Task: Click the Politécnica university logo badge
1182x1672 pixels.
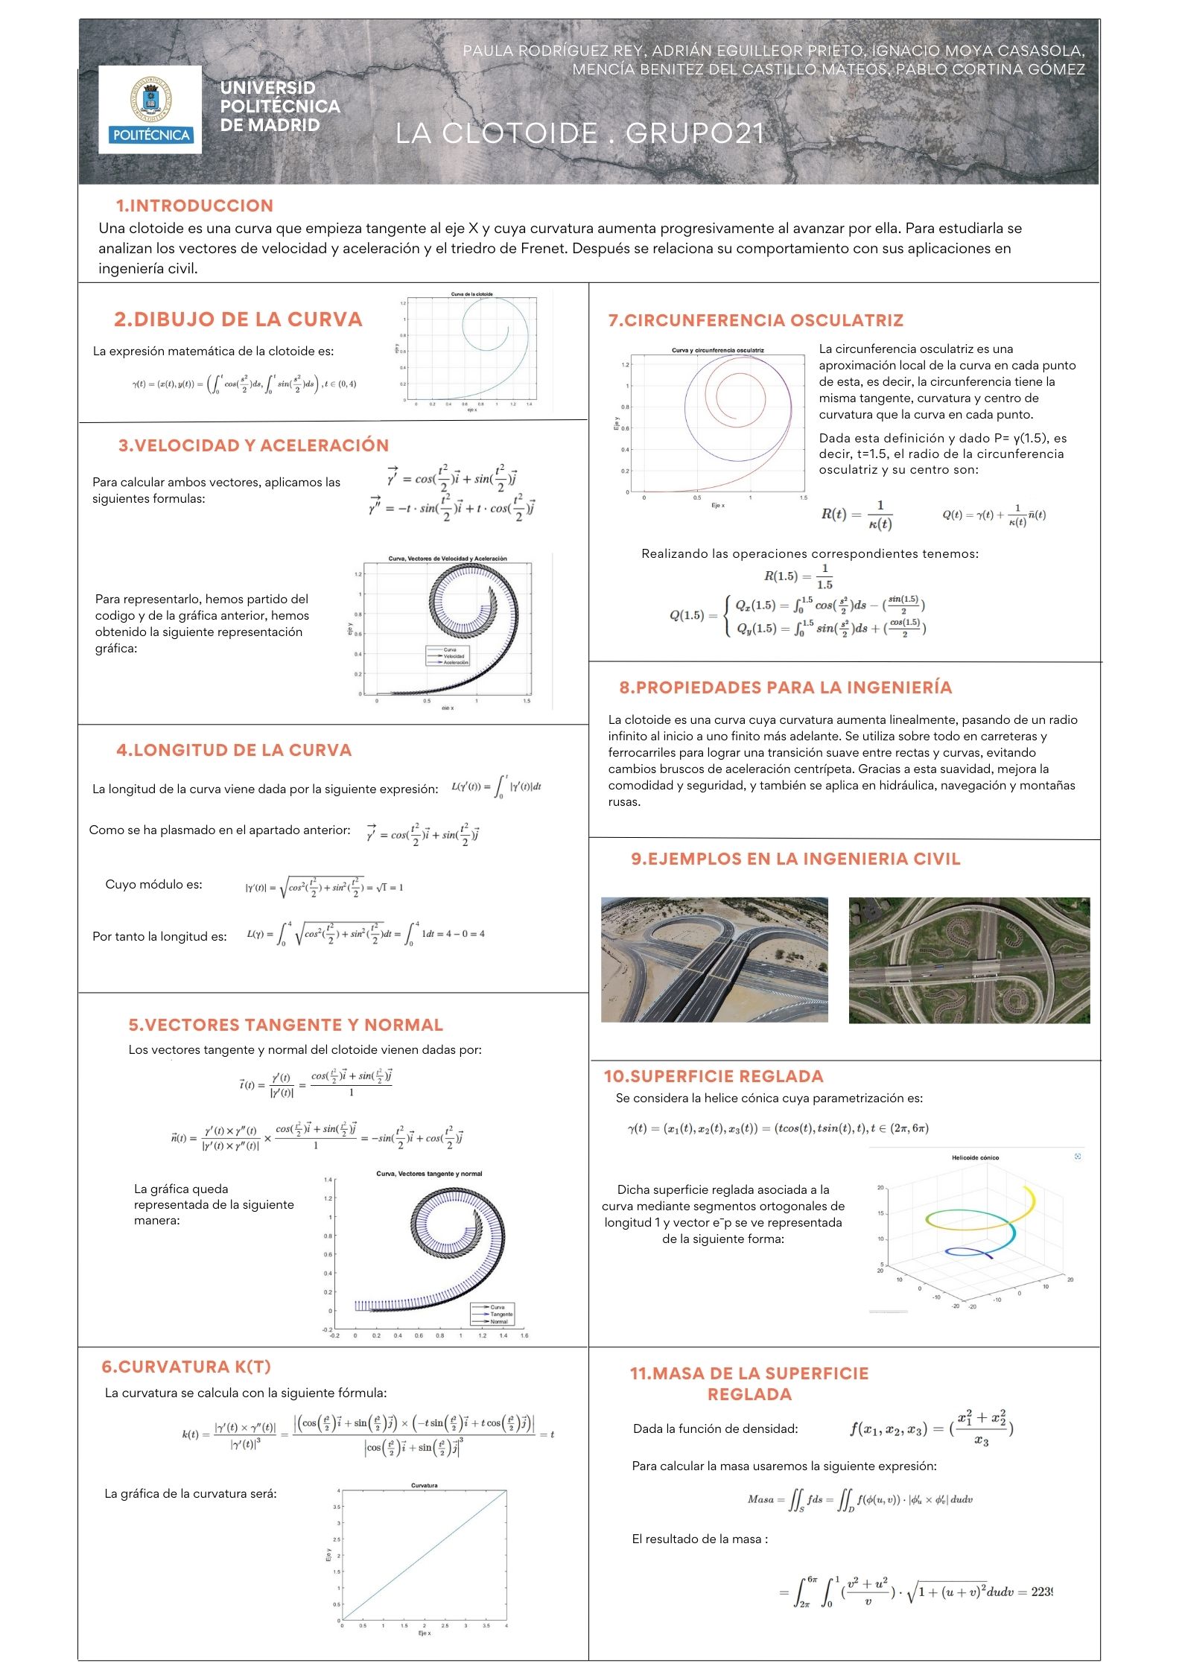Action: (x=150, y=109)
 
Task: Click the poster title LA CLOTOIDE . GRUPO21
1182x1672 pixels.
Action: (x=580, y=134)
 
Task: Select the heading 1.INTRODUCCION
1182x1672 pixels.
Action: (x=194, y=206)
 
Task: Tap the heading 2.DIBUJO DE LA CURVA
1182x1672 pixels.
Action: (x=238, y=320)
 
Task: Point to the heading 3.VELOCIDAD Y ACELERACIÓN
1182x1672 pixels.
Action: (x=253, y=445)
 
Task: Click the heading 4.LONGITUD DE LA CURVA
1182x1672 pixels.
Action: (x=234, y=750)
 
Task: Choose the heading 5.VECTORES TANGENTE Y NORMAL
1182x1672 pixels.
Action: (x=285, y=1025)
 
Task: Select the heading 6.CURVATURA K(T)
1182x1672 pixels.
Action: (x=186, y=1367)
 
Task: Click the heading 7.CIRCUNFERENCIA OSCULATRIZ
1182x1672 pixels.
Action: (x=755, y=320)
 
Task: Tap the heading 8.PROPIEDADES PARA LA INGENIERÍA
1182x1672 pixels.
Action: (x=785, y=687)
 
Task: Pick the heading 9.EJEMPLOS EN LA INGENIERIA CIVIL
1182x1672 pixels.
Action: (x=795, y=859)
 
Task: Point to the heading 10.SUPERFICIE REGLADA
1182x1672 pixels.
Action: (x=713, y=1076)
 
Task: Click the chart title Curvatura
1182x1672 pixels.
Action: (x=425, y=1486)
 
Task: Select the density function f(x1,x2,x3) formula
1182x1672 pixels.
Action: (x=932, y=1428)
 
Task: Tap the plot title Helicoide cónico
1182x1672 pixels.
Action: (x=975, y=1158)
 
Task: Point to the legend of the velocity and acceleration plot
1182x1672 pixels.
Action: (x=448, y=655)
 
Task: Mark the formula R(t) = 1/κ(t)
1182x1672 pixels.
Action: (x=857, y=515)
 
